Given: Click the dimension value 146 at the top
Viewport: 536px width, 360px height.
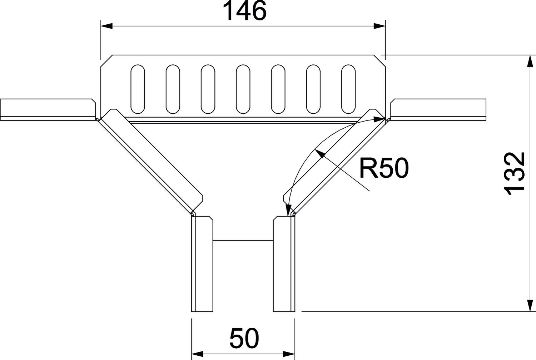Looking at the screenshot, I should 245,11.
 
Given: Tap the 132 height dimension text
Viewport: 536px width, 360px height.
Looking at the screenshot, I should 515,174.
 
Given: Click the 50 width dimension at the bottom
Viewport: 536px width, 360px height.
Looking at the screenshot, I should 244,338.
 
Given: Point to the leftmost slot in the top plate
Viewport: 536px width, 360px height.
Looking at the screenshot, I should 138,89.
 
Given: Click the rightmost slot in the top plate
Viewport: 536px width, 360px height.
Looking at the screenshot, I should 348,89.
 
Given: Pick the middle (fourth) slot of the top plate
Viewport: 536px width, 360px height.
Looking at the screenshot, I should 243,89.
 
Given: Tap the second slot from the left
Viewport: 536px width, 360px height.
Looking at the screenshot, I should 173,89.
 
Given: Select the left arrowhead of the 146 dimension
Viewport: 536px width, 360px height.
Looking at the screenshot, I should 106,26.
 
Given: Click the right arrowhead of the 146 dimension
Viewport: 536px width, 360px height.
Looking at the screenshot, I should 380,26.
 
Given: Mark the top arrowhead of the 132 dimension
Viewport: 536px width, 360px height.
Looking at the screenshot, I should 529,61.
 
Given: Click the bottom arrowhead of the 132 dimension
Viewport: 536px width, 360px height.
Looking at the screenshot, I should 529,306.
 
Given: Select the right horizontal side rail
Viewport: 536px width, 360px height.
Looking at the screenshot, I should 438,109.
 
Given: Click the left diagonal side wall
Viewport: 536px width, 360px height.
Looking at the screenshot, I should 150,161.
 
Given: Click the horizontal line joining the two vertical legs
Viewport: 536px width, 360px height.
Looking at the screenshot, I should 243,240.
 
